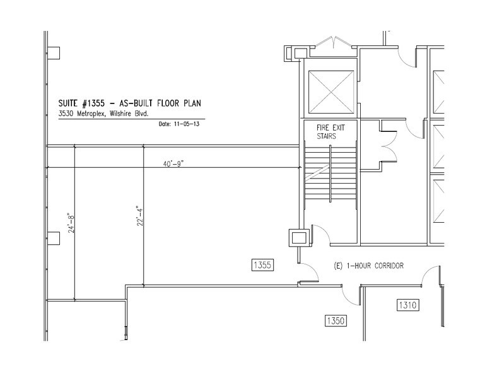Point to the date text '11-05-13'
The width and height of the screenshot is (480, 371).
(187, 124)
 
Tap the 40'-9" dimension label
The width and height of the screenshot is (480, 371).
(173, 163)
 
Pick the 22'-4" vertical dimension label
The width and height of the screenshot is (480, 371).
(140, 216)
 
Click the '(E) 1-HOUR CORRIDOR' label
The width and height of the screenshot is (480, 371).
(368, 266)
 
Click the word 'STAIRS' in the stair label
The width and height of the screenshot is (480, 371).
(327, 136)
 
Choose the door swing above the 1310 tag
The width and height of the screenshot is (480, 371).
(432, 276)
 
